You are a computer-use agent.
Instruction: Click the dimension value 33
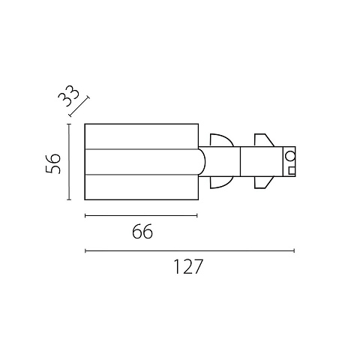coord(69,96)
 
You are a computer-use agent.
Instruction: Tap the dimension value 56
coord(53,163)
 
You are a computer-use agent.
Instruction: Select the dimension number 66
coord(142,232)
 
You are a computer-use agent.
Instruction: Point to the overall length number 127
coord(187,267)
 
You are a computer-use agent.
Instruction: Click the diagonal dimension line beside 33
coord(79,106)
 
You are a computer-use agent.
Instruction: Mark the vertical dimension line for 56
coord(69,162)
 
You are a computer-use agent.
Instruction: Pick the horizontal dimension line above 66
coord(141,215)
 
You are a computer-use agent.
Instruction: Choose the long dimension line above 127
coord(190,250)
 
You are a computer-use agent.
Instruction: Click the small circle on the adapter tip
coord(290,157)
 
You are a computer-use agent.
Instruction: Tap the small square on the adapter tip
coord(292,170)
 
